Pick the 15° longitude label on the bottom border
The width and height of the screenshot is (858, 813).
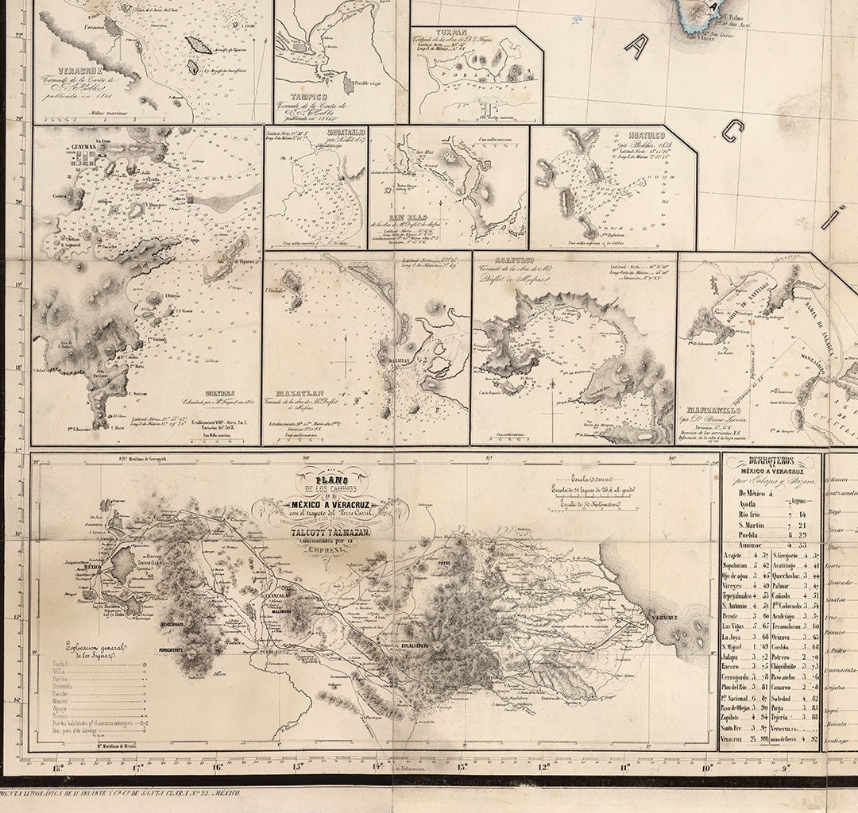point(297,767)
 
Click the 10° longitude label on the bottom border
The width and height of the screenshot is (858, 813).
point(706,767)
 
